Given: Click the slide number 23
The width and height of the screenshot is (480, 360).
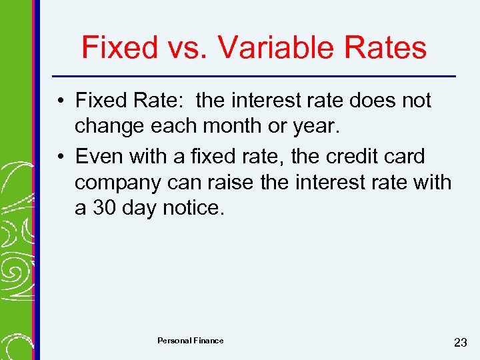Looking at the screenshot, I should (460, 343).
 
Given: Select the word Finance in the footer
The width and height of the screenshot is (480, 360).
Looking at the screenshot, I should (208, 341).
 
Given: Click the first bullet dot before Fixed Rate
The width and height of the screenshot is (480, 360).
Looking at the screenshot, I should (61, 101).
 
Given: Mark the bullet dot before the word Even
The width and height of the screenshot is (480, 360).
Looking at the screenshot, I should (61, 157).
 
